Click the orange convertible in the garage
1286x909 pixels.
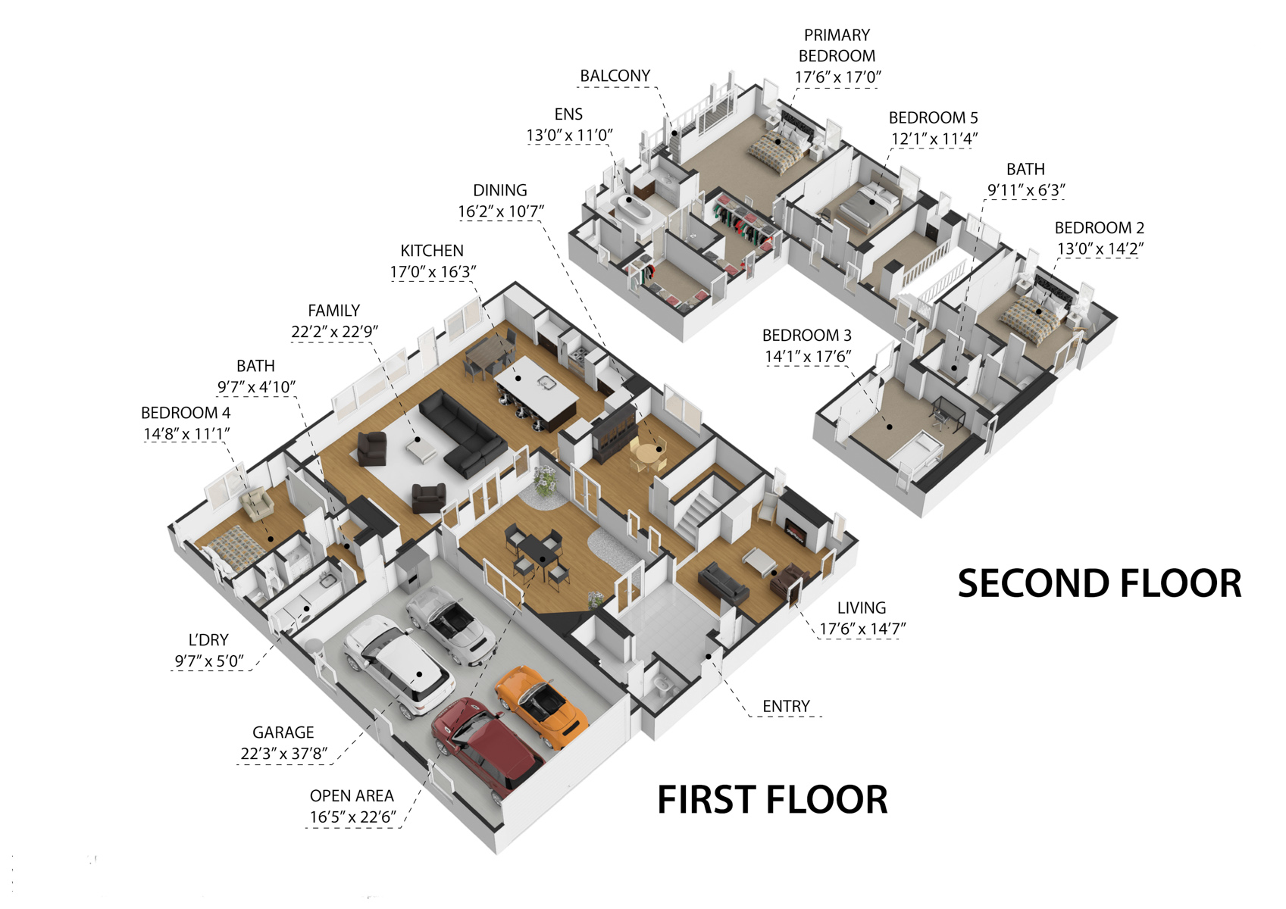[541, 707]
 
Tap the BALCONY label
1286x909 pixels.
[615, 76]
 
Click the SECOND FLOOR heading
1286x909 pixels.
[1100, 583]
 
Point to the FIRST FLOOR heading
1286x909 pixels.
[772, 800]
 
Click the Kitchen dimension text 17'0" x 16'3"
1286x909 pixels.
[433, 272]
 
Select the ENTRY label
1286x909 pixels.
[786, 706]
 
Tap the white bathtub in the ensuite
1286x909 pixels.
[633, 209]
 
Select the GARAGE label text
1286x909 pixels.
[283, 733]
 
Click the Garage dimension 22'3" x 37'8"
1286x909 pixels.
[283, 754]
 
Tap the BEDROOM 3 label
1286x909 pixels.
[806, 335]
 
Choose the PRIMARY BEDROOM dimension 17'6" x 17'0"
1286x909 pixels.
[837, 77]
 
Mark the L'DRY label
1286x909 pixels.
[208, 640]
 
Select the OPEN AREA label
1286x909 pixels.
[352, 796]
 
